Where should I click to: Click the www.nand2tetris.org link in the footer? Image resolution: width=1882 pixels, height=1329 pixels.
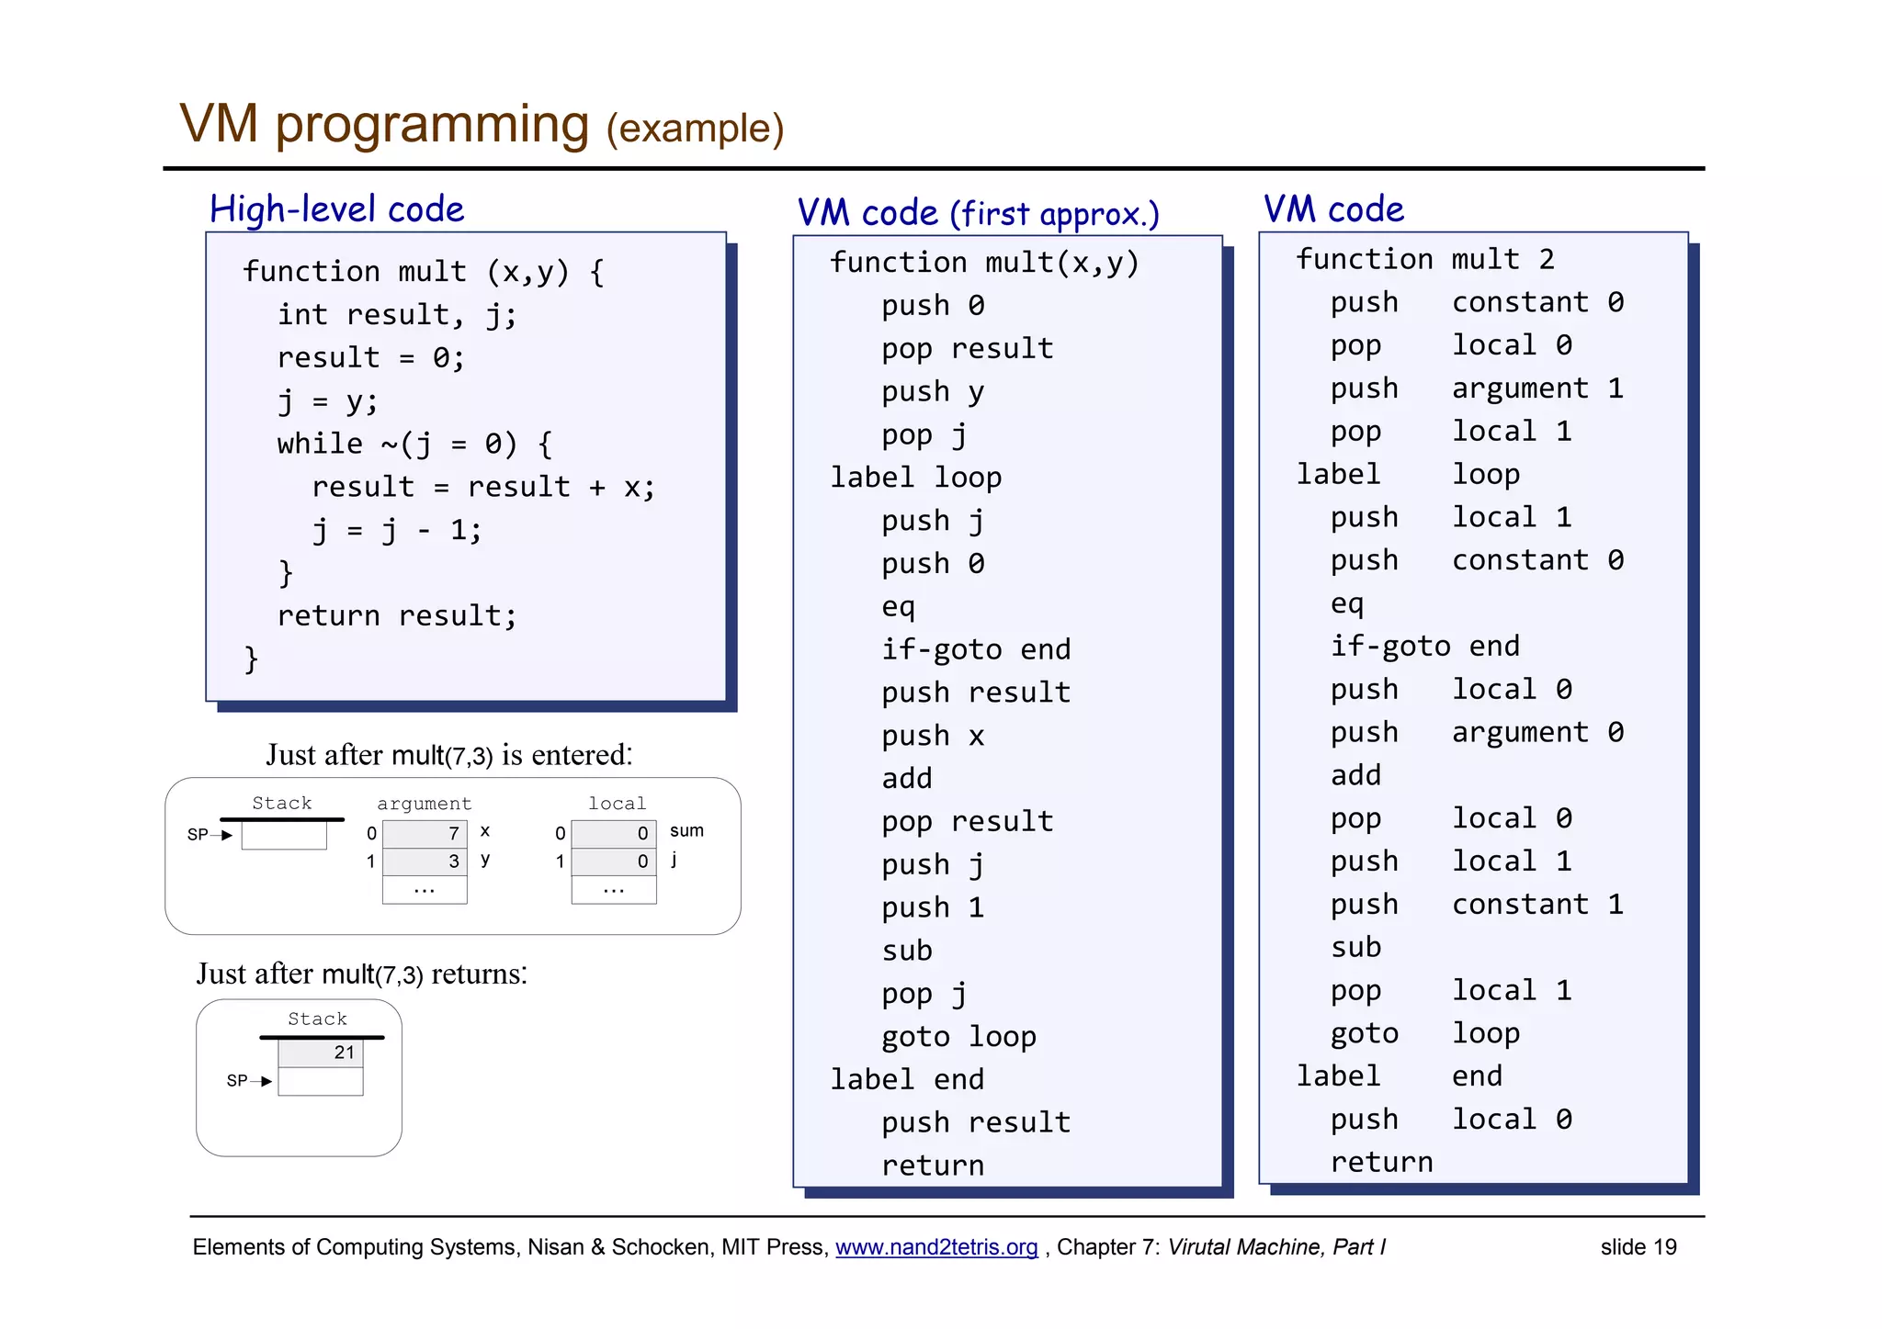point(935,1246)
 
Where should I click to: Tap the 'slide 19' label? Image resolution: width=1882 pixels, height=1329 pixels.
point(1638,1246)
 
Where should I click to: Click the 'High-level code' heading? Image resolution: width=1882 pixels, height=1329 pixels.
point(336,209)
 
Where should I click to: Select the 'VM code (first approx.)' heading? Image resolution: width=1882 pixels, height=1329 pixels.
point(978,213)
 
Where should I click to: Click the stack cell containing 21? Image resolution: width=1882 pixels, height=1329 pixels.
point(321,1053)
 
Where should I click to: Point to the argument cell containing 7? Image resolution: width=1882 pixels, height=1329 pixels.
point(425,833)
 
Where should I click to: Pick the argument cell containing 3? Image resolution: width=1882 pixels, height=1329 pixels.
point(425,861)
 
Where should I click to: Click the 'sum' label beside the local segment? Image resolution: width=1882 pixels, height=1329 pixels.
point(686,830)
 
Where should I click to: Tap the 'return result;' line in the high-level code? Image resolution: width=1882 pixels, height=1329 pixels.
point(397,615)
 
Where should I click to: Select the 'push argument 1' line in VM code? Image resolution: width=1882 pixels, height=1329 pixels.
point(1476,389)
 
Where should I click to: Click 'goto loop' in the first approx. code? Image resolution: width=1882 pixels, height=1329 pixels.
point(958,1036)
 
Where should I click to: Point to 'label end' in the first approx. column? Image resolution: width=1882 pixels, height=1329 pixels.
point(907,1079)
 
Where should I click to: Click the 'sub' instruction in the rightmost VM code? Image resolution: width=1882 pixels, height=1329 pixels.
point(1355,947)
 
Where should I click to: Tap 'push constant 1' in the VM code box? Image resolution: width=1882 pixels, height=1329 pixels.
point(1476,905)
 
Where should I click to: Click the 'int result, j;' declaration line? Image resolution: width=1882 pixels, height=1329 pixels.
point(397,314)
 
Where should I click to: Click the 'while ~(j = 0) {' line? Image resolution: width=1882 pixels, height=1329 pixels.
point(414,444)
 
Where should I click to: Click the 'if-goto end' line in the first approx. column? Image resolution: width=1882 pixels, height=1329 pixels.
point(976,649)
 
